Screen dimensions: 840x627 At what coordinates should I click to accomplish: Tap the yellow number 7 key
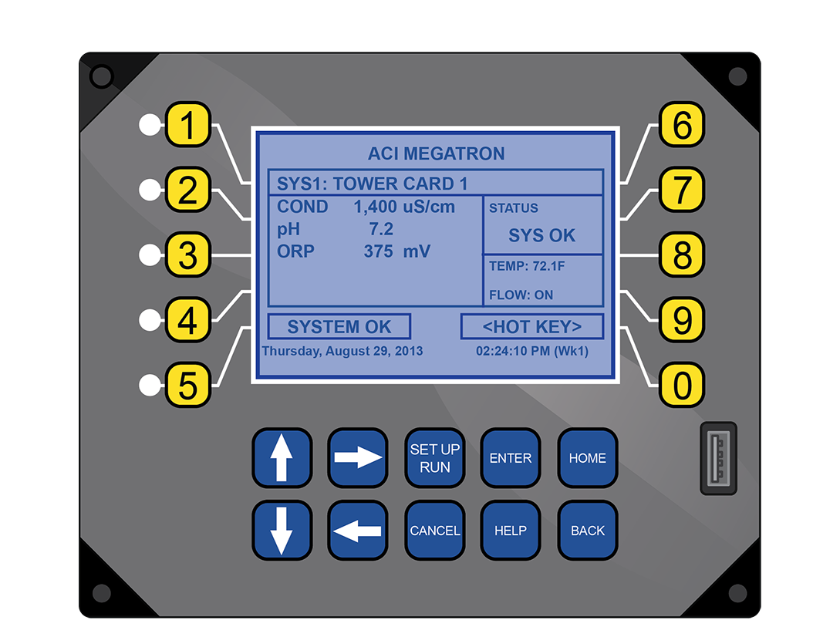click(x=681, y=190)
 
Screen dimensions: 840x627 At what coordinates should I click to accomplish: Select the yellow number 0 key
click(x=681, y=385)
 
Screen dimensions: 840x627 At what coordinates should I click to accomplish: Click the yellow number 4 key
click(x=187, y=319)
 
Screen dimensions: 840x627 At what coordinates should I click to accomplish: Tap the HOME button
click(x=587, y=458)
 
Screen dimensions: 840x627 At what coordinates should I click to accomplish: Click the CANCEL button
click(x=434, y=530)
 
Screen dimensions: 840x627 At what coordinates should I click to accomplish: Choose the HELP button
click(x=511, y=530)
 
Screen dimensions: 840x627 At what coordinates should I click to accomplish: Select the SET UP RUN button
click(x=434, y=458)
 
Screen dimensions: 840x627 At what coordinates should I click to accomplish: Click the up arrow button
click(x=282, y=458)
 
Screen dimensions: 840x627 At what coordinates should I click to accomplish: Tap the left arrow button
click(x=357, y=530)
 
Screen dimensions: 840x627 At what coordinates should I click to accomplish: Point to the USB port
click(x=718, y=458)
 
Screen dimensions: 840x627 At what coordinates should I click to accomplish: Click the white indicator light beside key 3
click(x=150, y=255)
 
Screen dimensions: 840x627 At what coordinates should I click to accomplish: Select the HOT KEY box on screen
click(x=532, y=327)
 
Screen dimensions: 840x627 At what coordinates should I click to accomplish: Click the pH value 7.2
click(x=381, y=229)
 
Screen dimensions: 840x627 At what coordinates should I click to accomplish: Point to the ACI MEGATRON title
click(x=436, y=153)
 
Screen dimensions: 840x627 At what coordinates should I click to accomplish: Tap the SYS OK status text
click(x=541, y=235)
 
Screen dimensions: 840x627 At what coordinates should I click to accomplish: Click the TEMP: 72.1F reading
click(x=527, y=266)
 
